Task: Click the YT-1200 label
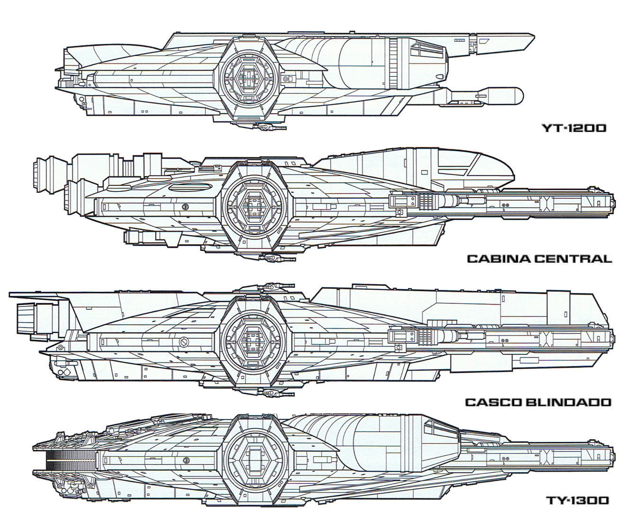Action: pyautogui.click(x=574, y=128)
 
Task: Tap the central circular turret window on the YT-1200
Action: pyautogui.click(x=246, y=76)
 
